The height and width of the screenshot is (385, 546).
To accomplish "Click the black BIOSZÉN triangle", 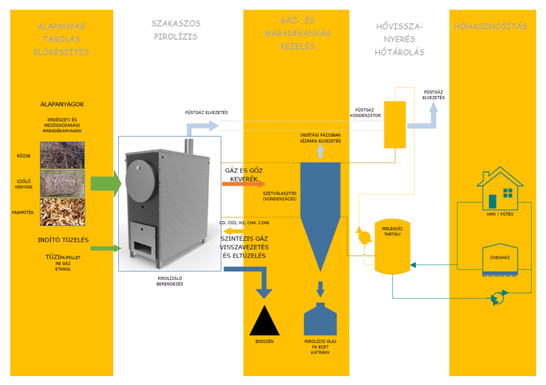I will (x=264, y=321).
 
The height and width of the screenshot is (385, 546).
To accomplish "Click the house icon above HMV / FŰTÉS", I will (x=500, y=189).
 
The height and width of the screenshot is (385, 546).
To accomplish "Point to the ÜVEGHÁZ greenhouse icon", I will (x=500, y=260).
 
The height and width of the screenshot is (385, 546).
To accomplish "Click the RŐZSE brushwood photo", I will (x=62, y=155).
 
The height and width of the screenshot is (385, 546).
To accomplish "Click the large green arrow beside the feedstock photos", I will (x=105, y=183).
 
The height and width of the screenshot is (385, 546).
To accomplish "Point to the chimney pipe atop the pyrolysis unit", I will (x=188, y=146).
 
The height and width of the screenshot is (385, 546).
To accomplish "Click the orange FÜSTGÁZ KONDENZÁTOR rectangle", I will (x=395, y=124).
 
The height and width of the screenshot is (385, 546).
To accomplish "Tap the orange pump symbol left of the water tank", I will (x=364, y=235).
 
